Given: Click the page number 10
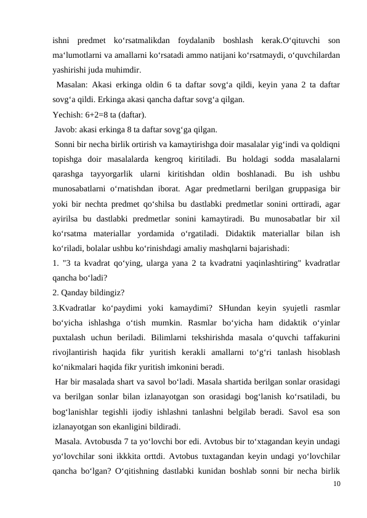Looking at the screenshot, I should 334,485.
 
